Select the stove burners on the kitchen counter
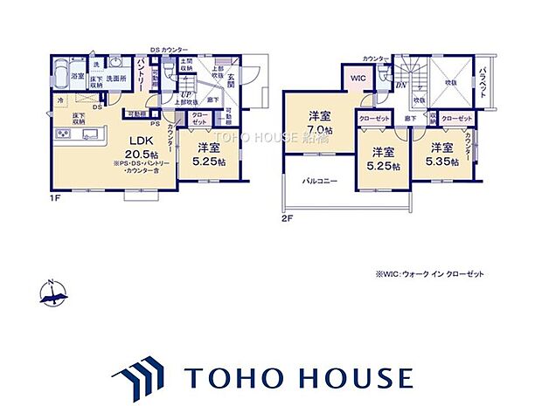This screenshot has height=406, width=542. pos(63,134)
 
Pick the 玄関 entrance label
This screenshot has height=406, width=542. pos(232,83)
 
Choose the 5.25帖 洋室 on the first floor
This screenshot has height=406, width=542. pos(207,154)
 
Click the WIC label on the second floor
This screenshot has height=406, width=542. pos(358,78)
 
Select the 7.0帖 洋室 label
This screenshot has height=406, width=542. pos(318,122)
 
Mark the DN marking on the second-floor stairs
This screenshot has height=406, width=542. pos(400,85)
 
